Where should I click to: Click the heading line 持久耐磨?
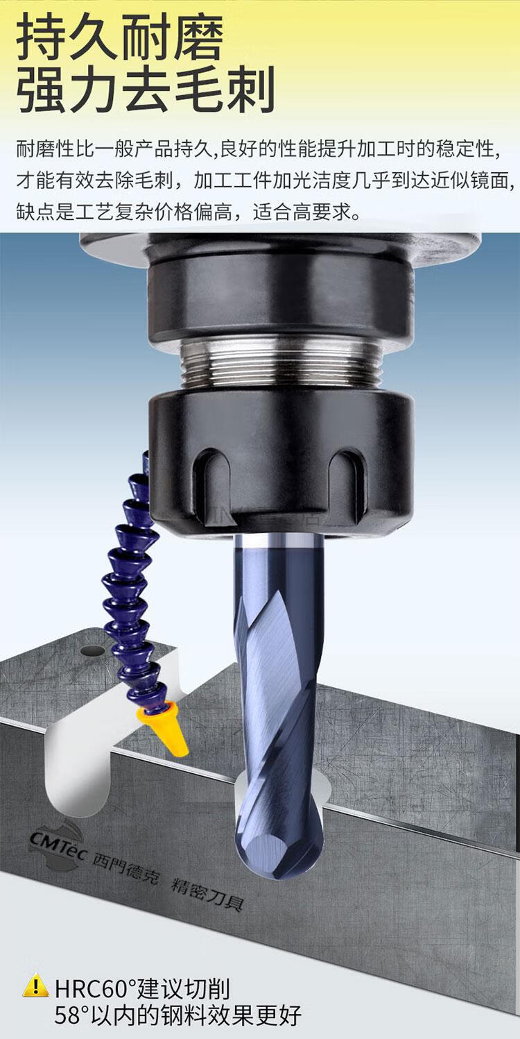pyautogui.click(x=120, y=37)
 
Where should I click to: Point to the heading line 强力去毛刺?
pyautogui.click(x=146, y=90)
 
